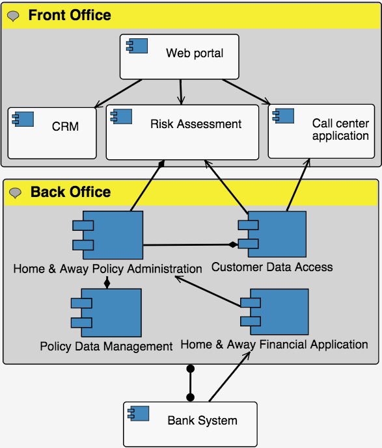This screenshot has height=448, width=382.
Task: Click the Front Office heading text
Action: click(70, 15)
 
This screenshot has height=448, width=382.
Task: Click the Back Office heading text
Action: click(71, 192)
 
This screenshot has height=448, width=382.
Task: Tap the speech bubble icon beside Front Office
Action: click(13, 16)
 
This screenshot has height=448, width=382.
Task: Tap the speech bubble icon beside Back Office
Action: click(15, 193)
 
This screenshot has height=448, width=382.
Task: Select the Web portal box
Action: click(179, 57)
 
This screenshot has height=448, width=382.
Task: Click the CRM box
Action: click(52, 133)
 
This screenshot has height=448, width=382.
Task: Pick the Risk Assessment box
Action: click(182, 132)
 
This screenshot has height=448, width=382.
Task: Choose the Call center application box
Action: click(321, 131)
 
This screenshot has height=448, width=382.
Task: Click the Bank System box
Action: click(190, 424)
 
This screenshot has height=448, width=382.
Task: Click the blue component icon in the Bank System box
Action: click(139, 414)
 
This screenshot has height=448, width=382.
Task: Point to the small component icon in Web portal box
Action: click(137, 46)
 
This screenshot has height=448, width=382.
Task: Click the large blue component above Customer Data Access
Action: click(272, 234)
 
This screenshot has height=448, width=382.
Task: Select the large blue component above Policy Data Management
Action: click(106, 313)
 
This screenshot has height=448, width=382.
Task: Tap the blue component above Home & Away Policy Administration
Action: click(108, 235)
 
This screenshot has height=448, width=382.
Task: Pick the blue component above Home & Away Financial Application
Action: click(275, 311)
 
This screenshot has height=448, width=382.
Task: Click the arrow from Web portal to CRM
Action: click(118, 94)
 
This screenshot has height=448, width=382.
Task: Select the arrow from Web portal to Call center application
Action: click(246, 92)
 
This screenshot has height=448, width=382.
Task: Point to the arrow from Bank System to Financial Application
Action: click(230, 377)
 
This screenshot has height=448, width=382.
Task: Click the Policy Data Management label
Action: click(106, 347)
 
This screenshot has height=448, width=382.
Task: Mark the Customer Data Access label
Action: click(272, 267)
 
